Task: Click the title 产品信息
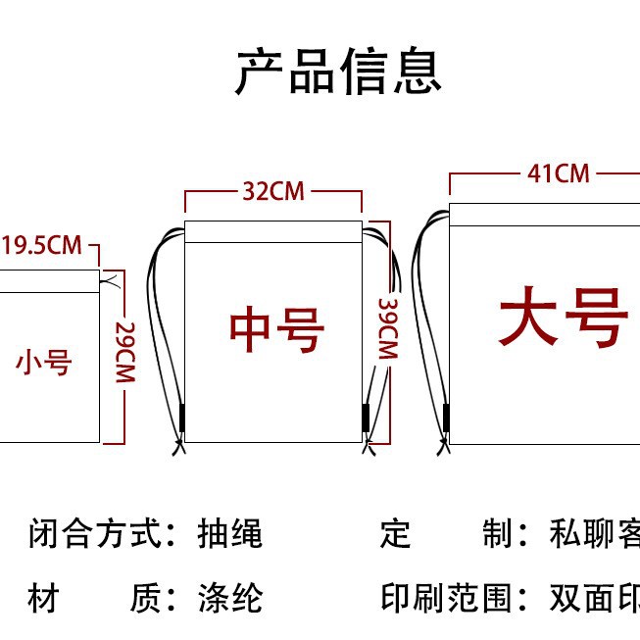tap(338, 72)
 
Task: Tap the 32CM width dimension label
tap(273, 191)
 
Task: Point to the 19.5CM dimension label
tap(42, 244)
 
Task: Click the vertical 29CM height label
tap(123, 354)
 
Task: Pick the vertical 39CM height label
tap(385, 329)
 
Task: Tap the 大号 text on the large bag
tap(563, 318)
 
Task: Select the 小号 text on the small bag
tap(44, 363)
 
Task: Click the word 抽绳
tap(235, 535)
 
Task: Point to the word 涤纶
tap(235, 598)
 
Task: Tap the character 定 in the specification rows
tap(395, 535)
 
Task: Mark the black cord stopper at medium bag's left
tap(181, 418)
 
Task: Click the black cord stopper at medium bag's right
tap(367, 417)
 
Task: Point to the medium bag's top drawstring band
tap(273, 232)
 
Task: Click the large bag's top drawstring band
tap(544, 214)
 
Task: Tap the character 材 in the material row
tap(43, 598)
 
